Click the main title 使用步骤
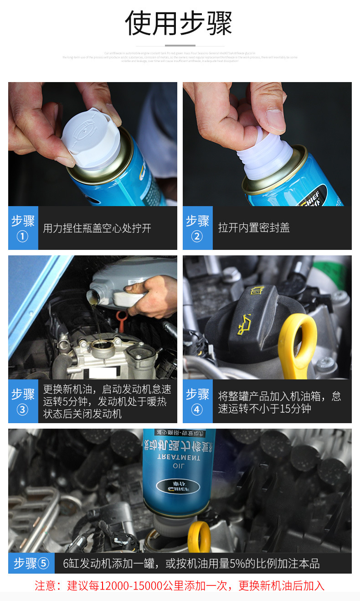point(179,23)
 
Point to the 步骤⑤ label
point(31,563)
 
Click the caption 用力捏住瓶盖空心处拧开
point(97,228)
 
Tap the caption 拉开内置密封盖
point(254,228)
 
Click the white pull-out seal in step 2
point(264,153)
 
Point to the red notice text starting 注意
point(180,585)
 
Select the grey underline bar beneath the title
point(180,46)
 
